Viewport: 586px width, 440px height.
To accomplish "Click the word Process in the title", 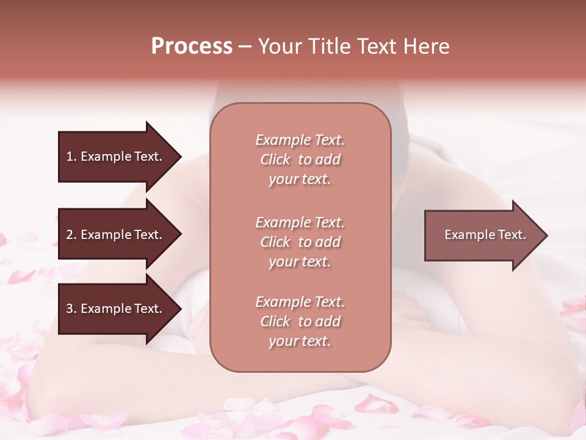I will pyautogui.click(x=192, y=46).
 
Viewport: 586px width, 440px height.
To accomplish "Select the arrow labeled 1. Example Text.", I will pyautogui.click(x=116, y=156).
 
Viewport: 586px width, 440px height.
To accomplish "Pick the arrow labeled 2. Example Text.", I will pyautogui.click(x=116, y=235).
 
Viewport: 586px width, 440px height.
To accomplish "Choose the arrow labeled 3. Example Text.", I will pyautogui.click(x=116, y=309).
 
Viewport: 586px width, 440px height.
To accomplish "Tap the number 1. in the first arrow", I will pyautogui.click(x=71, y=156).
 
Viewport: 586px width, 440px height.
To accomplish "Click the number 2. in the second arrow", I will pyautogui.click(x=71, y=235).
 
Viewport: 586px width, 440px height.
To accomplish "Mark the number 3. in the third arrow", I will pyautogui.click(x=71, y=309).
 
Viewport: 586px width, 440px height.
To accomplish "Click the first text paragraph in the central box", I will pyautogui.click(x=300, y=159).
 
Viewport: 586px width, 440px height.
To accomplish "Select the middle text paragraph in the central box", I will pyautogui.click(x=300, y=242).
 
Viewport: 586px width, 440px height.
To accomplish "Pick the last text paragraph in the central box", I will pyautogui.click(x=300, y=321).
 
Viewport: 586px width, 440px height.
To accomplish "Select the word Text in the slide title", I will pyautogui.click(x=374, y=46).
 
